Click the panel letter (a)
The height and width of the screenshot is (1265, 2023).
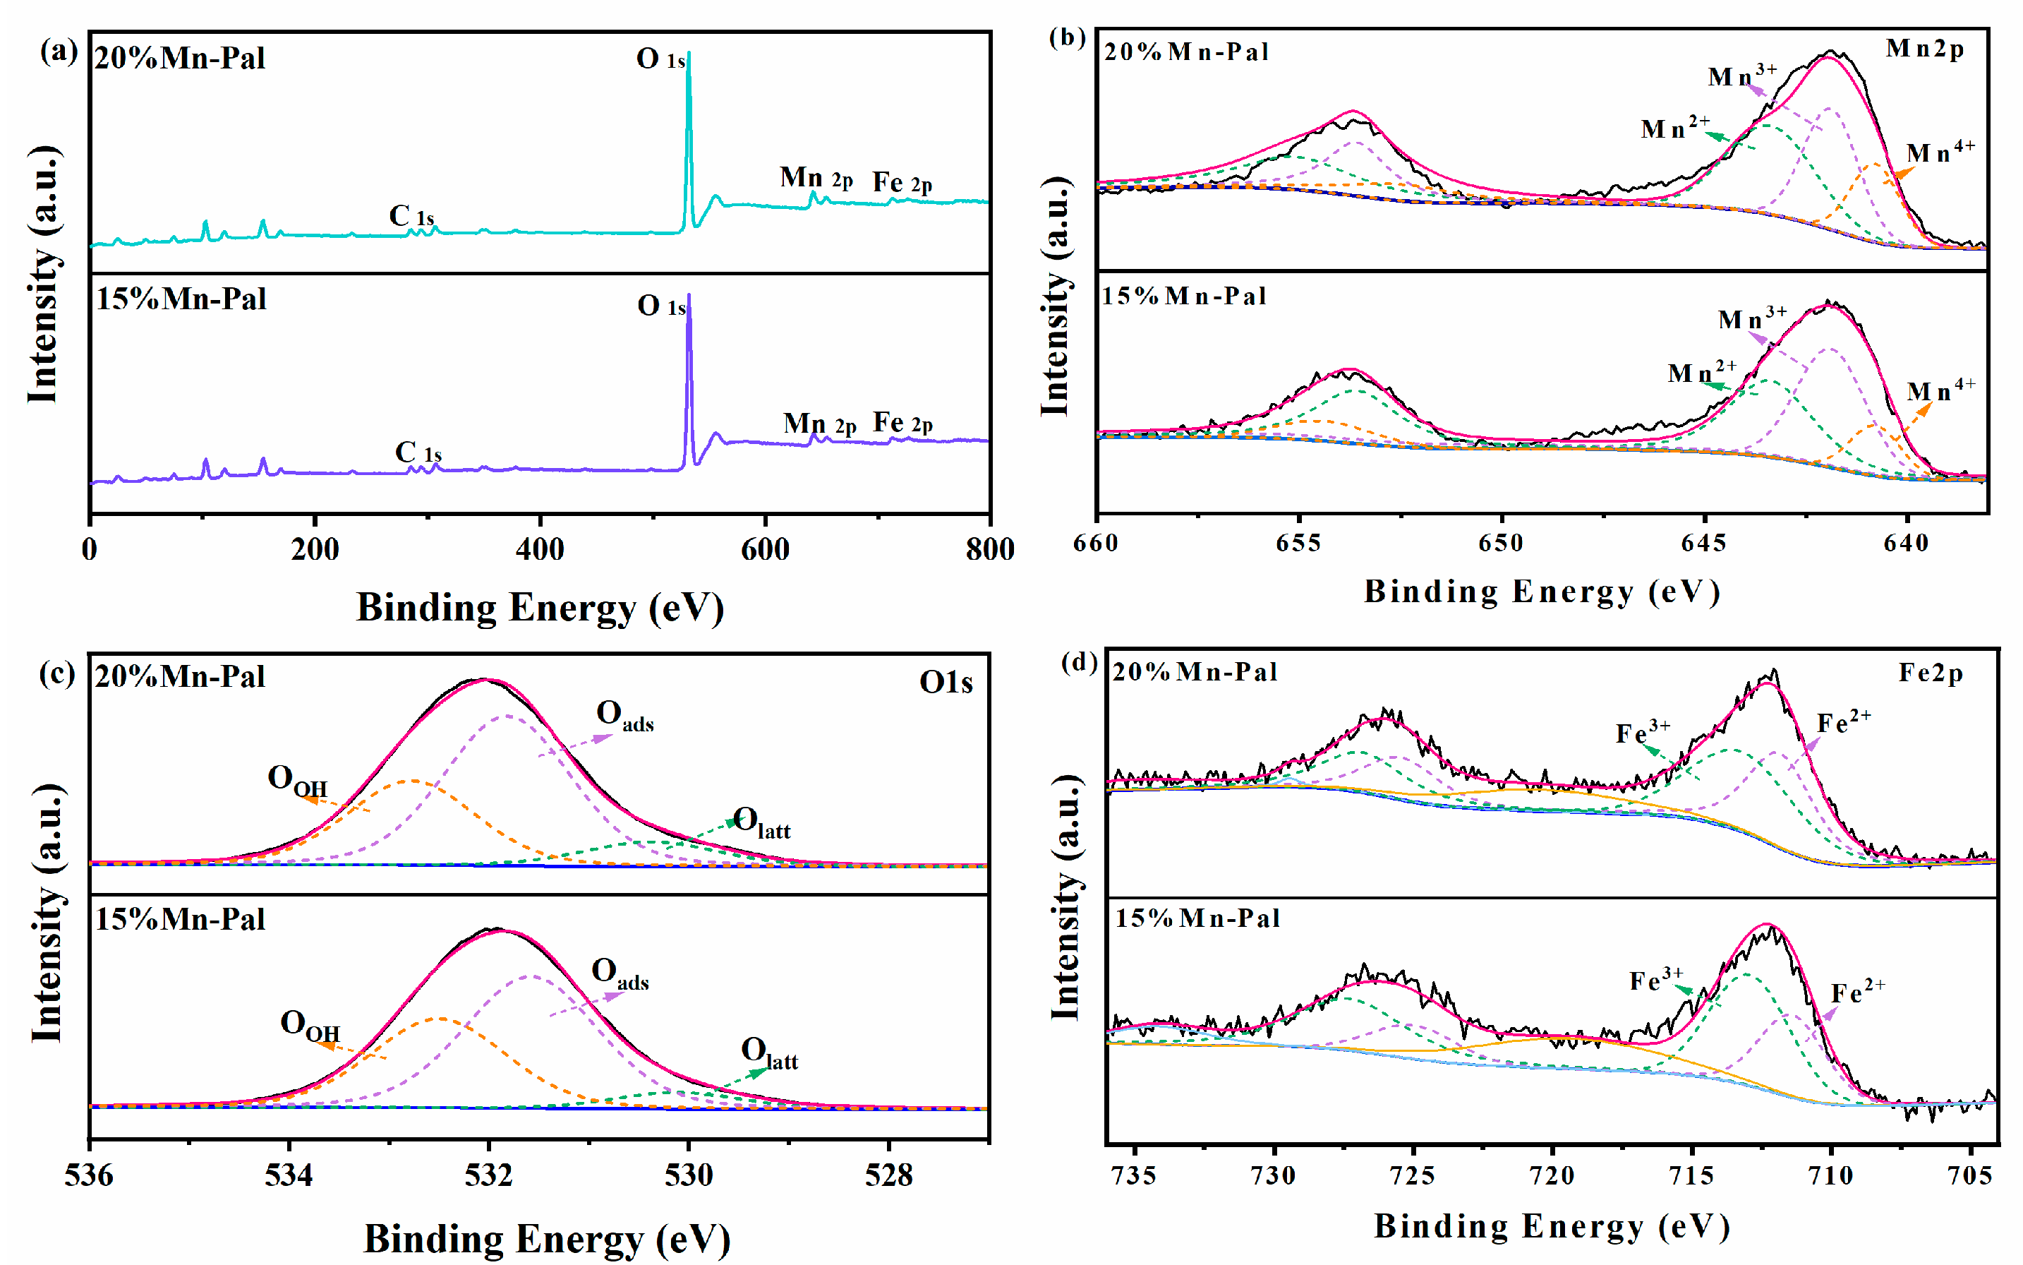pyautogui.click(x=59, y=52)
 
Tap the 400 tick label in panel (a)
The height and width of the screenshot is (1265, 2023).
pyautogui.click(x=539, y=550)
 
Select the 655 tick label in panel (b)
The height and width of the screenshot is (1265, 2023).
pyautogui.click(x=1299, y=544)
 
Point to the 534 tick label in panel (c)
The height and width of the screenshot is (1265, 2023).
pyautogui.click(x=289, y=1175)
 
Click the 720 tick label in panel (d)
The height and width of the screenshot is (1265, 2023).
pyautogui.click(x=1552, y=1175)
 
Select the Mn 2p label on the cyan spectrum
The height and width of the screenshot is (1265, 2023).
pyautogui.click(x=816, y=178)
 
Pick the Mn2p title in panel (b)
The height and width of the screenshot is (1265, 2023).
pyautogui.click(x=1924, y=49)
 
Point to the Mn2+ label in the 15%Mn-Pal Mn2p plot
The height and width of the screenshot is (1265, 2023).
pyautogui.click(x=1701, y=371)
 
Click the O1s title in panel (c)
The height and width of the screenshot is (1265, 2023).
pyautogui.click(x=945, y=683)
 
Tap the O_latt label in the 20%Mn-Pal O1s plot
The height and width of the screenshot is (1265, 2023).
pyautogui.click(x=761, y=822)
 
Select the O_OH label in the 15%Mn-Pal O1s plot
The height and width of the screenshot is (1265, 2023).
pyautogui.click(x=310, y=1026)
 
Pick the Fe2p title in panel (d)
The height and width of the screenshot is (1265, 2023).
pyautogui.click(x=1930, y=673)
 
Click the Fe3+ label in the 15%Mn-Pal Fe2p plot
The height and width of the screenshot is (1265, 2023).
pyautogui.click(x=1655, y=979)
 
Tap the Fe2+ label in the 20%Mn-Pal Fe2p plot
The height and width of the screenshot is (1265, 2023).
pyautogui.click(x=1843, y=722)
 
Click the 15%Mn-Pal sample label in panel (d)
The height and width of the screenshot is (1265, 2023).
pyautogui.click(x=1197, y=918)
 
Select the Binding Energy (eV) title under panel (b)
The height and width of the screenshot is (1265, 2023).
pyautogui.click(x=1541, y=592)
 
